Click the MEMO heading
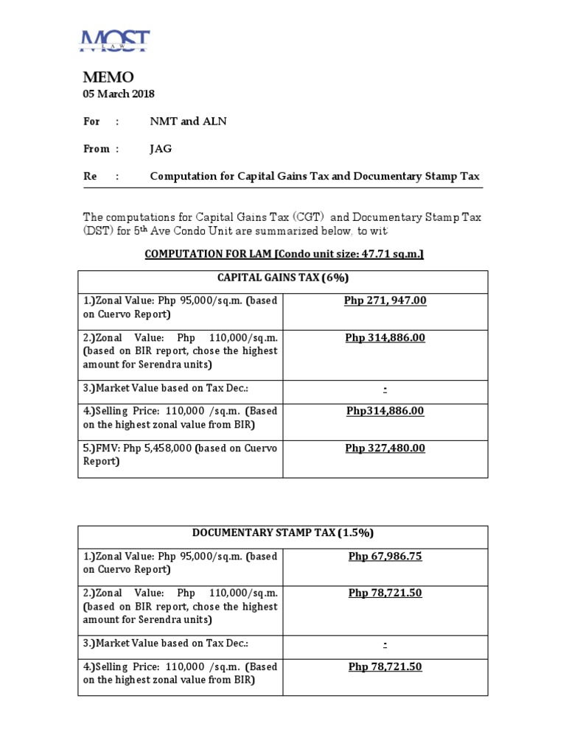point(108,77)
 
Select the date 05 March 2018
point(119,94)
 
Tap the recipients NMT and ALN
point(188,121)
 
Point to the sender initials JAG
point(161,149)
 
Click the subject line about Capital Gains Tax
point(315,176)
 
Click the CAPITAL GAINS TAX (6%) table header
point(282,278)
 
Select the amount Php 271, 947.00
point(385,300)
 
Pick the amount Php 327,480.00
point(385,448)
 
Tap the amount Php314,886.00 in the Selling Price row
point(385,411)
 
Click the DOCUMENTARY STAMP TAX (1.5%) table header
point(282,533)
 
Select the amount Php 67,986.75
point(385,556)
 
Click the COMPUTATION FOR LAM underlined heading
point(284,254)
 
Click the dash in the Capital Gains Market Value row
point(385,388)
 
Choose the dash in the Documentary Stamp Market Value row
point(385,644)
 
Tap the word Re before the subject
point(89,176)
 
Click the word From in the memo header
point(96,149)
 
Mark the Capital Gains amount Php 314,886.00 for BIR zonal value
point(385,337)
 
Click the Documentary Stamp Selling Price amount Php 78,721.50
point(385,666)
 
